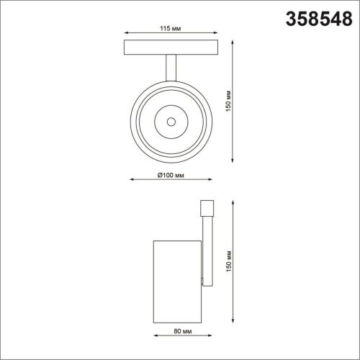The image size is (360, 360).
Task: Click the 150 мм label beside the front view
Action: pyautogui.click(x=228, y=101)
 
